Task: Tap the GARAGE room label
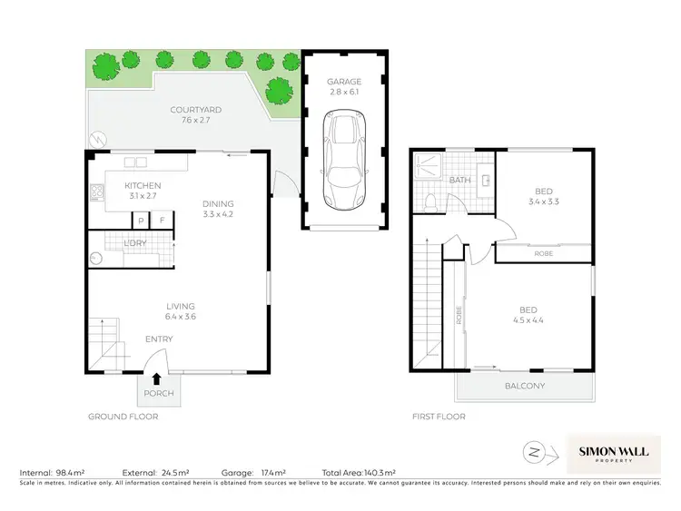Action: pos(343,82)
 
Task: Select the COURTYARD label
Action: pos(195,110)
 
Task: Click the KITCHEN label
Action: pos(142,186)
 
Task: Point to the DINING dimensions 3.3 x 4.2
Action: pos(218,214)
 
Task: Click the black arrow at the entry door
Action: pos(157,378)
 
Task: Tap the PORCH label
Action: pos(158,394)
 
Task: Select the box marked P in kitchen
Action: pos(141,221)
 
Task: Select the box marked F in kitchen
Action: pos(163,221)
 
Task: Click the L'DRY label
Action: pos(135,243)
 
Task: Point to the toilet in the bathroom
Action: pos(431,200)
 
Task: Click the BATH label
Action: pos(459,180)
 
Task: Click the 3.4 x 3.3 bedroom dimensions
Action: pos(543,201)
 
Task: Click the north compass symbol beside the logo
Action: pos(533,451)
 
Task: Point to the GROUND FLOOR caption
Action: pos(123,417)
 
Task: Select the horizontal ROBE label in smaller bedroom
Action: pos(543,254)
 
